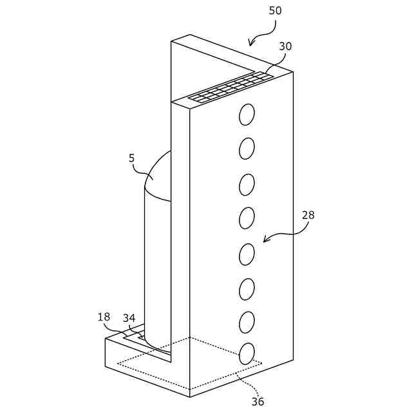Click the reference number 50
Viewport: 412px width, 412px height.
pyautogui.click(x=275, y=11)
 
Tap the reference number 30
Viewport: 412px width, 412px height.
pyautogui.click(x=285, y=46)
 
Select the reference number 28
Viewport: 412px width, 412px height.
pyautogui.click(x=308, y=215)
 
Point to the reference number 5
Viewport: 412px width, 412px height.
pyautogui.click(x=131, y=158)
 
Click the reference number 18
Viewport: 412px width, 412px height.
pyautogui.click(x=104, y=317)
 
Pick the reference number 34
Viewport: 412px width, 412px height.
pyautogui.click(x=129, y=318)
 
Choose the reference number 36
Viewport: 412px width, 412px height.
pyautogui.click(x=257, y=402)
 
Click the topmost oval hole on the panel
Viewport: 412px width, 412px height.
pyautogui.click(x=247, y=115)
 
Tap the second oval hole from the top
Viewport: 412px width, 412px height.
pyautogui.click(x=247, y=149)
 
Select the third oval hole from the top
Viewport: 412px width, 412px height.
pyautogui.click(x=247, y=185)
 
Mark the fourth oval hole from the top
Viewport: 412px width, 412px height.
pyautogui.click(x=247, y=218)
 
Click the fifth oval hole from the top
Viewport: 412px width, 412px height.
pyautogui.click(x=247, y=254)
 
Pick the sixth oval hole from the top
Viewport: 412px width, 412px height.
pyautogui.click(x=247, y=289)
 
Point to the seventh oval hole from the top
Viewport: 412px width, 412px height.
pyautogui.click(x=247, y=322)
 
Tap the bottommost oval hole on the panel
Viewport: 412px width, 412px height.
pyautogui.click(x=247, y=353)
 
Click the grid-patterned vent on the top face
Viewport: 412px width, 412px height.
pyautogui.click(x=230, y=88)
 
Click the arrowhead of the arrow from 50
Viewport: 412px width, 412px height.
pyautogui.click(x=250, y=44)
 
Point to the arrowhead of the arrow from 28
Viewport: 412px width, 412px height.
pyautogui.click(x=265, y=241)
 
